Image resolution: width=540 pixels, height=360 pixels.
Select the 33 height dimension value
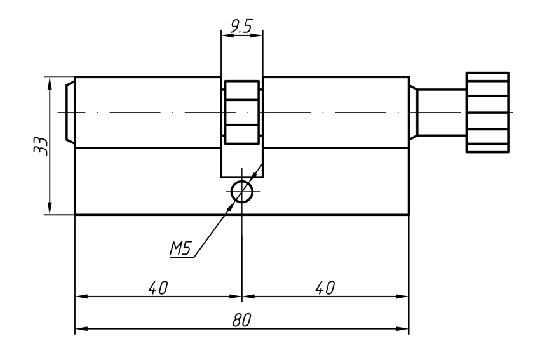[39, 147]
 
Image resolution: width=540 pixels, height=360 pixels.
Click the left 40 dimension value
[158, 288]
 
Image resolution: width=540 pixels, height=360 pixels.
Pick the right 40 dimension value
[325, 288]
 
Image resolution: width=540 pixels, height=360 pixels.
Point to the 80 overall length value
[241, 321]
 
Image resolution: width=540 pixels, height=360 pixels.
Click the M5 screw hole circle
[242, 191]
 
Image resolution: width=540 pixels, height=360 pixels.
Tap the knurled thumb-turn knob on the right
[487, 112]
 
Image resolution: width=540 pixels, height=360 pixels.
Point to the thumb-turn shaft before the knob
[441, 112]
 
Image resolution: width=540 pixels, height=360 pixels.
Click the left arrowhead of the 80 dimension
[80, 330]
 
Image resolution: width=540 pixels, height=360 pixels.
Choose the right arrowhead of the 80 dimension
[404, 330]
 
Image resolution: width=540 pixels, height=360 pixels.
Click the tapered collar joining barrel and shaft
[412, 112]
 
